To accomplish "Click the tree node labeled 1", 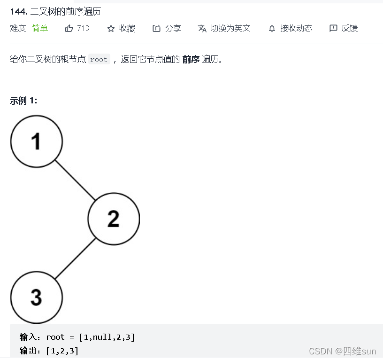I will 37,141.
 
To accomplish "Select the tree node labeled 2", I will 114,219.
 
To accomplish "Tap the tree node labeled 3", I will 37,297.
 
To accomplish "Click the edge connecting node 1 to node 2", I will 75,180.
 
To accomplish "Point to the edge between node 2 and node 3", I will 75,258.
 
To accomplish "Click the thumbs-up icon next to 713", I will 69,28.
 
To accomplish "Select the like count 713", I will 83,28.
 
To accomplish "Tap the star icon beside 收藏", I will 111,29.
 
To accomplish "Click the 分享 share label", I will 173,28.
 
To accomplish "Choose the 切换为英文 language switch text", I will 230,28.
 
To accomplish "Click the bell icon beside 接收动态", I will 272,29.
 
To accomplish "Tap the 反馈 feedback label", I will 350,28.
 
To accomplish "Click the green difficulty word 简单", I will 40,28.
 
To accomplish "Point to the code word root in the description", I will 99,60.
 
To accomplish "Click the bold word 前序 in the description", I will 191,59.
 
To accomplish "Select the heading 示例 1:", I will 23,101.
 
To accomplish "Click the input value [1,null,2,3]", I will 107,337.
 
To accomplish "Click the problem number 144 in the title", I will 17,11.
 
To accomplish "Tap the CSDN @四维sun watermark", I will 343,351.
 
